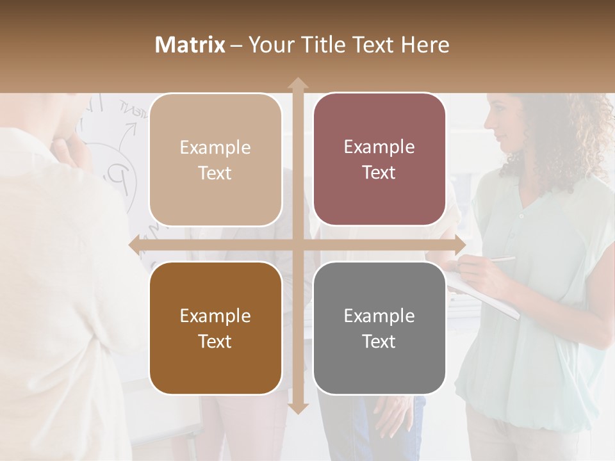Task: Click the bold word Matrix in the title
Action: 190,45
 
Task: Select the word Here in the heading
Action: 425,45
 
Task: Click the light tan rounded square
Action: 215,159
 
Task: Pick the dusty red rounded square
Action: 379,159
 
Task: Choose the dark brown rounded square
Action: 215,328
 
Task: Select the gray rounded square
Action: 379,328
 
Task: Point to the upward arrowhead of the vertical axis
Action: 297,84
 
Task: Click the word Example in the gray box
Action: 379,316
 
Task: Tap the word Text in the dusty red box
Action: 379,173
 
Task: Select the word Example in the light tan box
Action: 215,147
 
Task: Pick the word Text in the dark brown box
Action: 215,341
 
